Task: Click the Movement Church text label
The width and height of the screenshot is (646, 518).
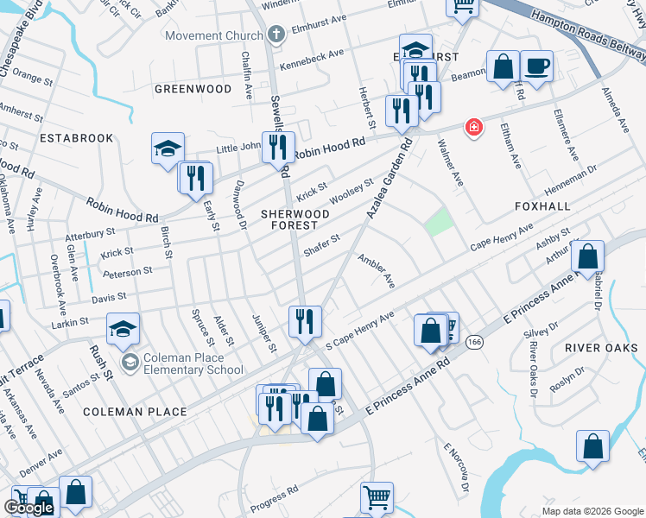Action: click(213, 35)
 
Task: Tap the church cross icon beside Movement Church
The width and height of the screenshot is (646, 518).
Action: click(276, 35)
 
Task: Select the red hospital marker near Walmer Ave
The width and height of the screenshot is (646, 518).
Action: click(473, 128)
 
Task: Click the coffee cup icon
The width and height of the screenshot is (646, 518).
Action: click(536, 66)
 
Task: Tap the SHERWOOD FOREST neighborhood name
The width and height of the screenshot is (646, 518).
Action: click(296, 219)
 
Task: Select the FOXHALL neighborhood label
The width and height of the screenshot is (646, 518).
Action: click(542, 207)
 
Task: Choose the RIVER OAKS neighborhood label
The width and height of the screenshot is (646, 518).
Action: click(593, 348)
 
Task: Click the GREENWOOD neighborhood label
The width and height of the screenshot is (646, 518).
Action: click(193, 89)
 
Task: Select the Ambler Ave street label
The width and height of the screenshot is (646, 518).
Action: click(377, 270)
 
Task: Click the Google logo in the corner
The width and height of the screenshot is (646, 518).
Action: click(28, 508)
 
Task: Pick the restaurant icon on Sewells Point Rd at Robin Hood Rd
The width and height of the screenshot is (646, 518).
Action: click(278, 147)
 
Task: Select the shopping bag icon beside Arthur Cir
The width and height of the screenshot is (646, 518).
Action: click(587, 256)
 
